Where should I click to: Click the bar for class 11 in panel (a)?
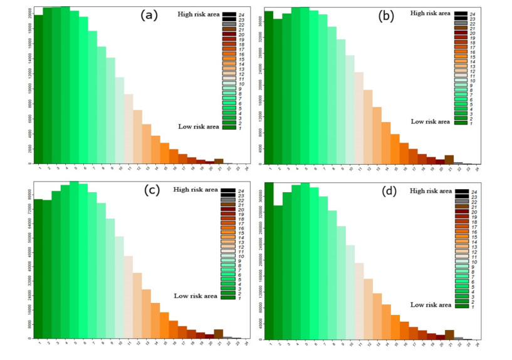(128, 128)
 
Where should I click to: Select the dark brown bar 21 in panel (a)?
(219, 161)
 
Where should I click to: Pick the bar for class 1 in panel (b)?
(269, 88)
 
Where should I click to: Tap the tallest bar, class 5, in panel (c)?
(74, 260)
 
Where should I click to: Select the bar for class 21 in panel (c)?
(219, 334)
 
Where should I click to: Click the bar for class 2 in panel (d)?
(278, 272)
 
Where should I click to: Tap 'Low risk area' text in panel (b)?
(430, 121)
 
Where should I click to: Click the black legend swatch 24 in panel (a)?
(228, 14)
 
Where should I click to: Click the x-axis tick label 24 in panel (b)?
(478, 170)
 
